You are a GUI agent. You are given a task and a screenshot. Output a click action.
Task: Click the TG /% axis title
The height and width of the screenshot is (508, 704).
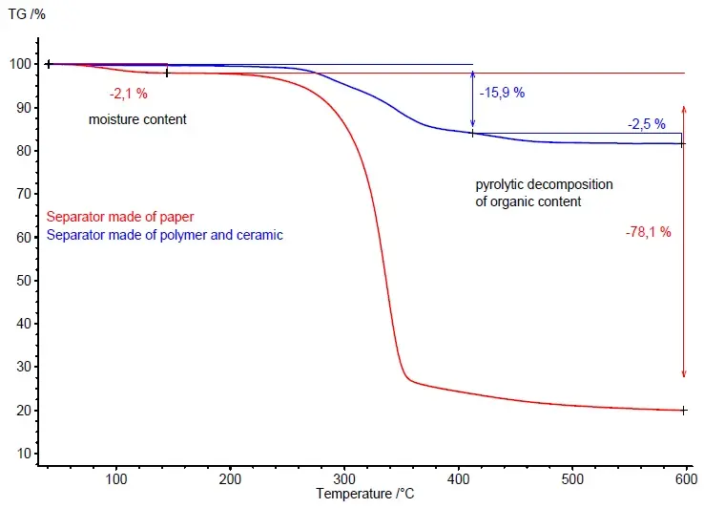(x=27, y=14)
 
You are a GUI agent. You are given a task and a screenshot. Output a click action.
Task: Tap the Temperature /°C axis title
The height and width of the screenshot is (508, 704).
(x=364, y=494)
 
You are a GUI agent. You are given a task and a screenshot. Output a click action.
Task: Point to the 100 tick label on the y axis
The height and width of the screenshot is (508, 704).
(x=20, y=64)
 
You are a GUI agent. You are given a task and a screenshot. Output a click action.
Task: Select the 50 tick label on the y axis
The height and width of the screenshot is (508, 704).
(x=24, y=281)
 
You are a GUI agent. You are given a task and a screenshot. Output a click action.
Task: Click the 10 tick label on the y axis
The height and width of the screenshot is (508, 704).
(x=24, y=454)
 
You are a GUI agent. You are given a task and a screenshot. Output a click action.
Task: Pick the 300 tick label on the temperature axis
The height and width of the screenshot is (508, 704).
(x=344, y=478)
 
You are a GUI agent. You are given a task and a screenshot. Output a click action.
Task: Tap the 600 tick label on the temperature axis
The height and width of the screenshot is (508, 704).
(x=687, y=478)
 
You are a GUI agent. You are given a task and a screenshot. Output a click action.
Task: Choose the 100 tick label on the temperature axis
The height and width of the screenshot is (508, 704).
(x=116, y=478)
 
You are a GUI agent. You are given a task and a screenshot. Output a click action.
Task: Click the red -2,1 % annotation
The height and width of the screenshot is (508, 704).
(x=129, y=94)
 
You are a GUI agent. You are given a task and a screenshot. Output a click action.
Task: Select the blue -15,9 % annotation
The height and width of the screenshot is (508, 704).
(x=502, y=93)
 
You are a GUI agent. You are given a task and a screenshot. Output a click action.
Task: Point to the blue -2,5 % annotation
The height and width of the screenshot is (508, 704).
(x=647, y=124)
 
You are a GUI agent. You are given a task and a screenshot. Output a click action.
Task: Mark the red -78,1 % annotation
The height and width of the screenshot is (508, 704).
(x=649, y=232)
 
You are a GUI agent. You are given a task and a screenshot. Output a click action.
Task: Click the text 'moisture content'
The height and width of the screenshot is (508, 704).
(x=137, y=119)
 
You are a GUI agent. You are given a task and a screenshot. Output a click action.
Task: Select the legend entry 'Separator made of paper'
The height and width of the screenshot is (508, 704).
(x=120, y=217)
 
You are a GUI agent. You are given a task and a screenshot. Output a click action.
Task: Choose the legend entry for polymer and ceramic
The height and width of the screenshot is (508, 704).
(x=165, y=235)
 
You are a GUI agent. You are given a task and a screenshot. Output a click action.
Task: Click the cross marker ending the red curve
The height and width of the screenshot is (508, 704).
(x=683, y=410)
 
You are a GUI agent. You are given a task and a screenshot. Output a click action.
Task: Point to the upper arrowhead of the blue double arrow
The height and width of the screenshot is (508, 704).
(x=472, y=74)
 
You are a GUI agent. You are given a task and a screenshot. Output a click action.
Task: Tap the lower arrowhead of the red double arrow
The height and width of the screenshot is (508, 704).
(x=684, y=374)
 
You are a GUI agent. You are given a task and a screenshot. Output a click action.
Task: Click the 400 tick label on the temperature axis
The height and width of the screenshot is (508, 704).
(x=459, y=478)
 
